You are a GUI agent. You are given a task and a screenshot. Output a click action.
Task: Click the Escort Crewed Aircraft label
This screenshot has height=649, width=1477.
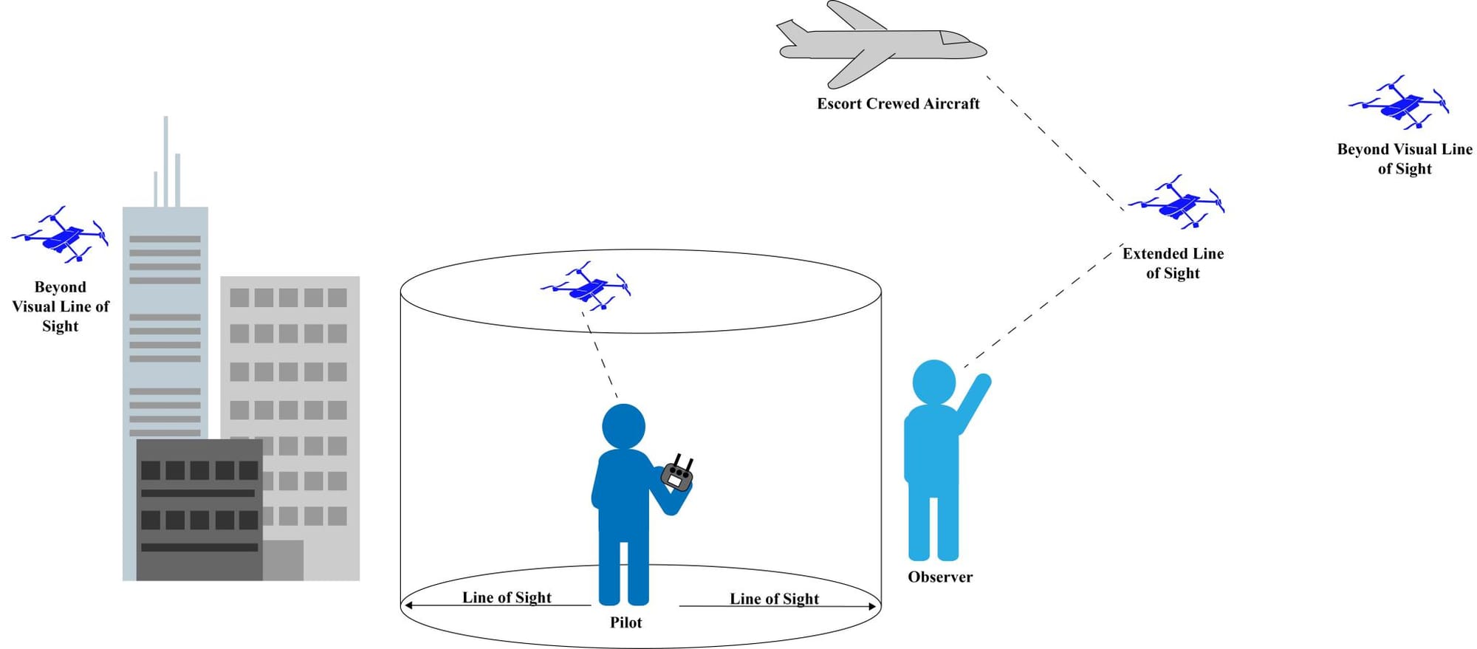click(898, 103)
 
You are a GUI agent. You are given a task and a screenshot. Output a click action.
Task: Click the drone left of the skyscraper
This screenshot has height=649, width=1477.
click(61, 235)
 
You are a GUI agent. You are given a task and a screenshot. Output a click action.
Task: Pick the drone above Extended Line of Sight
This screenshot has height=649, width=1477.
click(1177, 202)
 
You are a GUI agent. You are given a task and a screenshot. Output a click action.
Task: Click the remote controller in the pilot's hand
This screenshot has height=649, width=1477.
click(676, 475)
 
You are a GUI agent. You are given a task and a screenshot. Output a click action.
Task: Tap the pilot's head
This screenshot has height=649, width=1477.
click(623, 426)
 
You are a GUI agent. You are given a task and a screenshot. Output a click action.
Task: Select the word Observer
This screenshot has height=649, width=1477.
click(939, 577)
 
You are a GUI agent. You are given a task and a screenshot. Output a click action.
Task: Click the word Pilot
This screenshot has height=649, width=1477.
click(626, 622)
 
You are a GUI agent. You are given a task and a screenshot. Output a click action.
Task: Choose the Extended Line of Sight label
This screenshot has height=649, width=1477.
click(1173, 263)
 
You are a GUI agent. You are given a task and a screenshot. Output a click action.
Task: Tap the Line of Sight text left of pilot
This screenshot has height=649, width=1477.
click(507, 597)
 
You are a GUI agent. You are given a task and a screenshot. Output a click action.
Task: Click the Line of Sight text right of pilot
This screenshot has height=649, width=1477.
click(774, 599)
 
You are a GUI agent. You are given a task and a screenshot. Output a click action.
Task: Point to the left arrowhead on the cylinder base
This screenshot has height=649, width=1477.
click(407, 605)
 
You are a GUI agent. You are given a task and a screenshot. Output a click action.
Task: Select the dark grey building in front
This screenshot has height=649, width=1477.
click(199, 509)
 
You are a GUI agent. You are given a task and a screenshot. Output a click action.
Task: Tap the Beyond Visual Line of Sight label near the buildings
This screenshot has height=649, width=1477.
click(61, 306)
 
